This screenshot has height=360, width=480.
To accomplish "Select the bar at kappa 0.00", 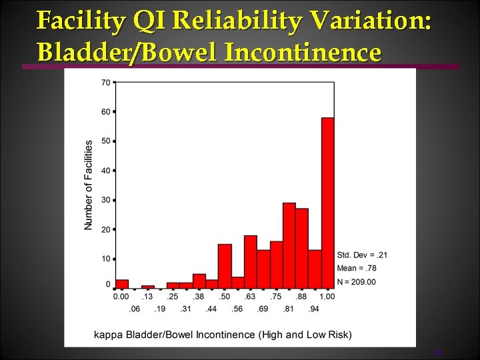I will point(122,284).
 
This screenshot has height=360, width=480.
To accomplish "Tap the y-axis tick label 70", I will point(105,83).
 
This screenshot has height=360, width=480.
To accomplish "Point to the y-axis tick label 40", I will point(105,171).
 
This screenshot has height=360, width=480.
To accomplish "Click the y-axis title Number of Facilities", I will point(89,185).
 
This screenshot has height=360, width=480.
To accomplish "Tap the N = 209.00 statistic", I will point(356,282).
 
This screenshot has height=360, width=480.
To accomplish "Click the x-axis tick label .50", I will point(225,296).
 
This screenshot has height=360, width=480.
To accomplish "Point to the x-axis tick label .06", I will point(135,309).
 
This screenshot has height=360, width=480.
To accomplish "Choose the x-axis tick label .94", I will point(314,309).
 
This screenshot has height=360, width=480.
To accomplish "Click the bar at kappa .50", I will point(225,266).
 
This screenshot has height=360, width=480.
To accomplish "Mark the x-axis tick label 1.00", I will point(327,296).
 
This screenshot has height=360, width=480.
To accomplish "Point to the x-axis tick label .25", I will point(173,296).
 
